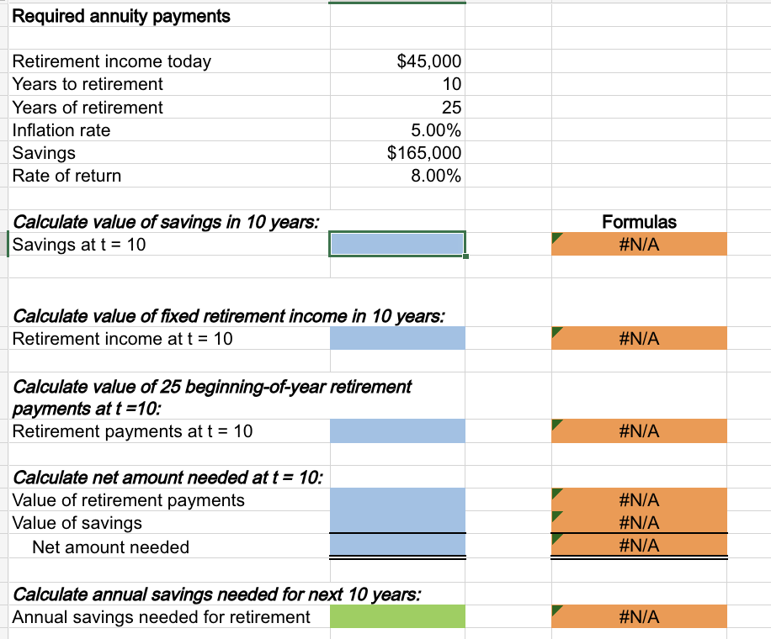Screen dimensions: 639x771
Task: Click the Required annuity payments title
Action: pos(121,16)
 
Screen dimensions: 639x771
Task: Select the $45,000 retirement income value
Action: pos(428,61)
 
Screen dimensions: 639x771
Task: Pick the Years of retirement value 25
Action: pos(451,108)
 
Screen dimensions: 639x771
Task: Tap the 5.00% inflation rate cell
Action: pos(435,130)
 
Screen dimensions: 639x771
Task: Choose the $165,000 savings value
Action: pos(423,153)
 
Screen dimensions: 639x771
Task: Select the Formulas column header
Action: pos(639,222)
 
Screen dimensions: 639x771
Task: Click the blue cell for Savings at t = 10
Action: pos(396,244)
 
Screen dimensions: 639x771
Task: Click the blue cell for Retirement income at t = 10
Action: pos(396,339)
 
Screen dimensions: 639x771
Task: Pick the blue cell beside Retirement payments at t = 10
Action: pos(396,431)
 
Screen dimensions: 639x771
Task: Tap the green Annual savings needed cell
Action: pos(396,616)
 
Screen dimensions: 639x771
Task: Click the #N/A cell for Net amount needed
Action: pos(639,546)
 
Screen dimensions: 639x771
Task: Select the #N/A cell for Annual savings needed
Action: pos(639,617)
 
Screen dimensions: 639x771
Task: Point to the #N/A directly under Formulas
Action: pos(639,245)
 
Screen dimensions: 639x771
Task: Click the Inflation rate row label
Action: pos(61,130)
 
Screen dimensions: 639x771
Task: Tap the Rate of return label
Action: pos(66,176)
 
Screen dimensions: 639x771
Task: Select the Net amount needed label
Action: pos(110,547)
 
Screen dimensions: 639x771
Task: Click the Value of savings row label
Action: pos(77,523)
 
